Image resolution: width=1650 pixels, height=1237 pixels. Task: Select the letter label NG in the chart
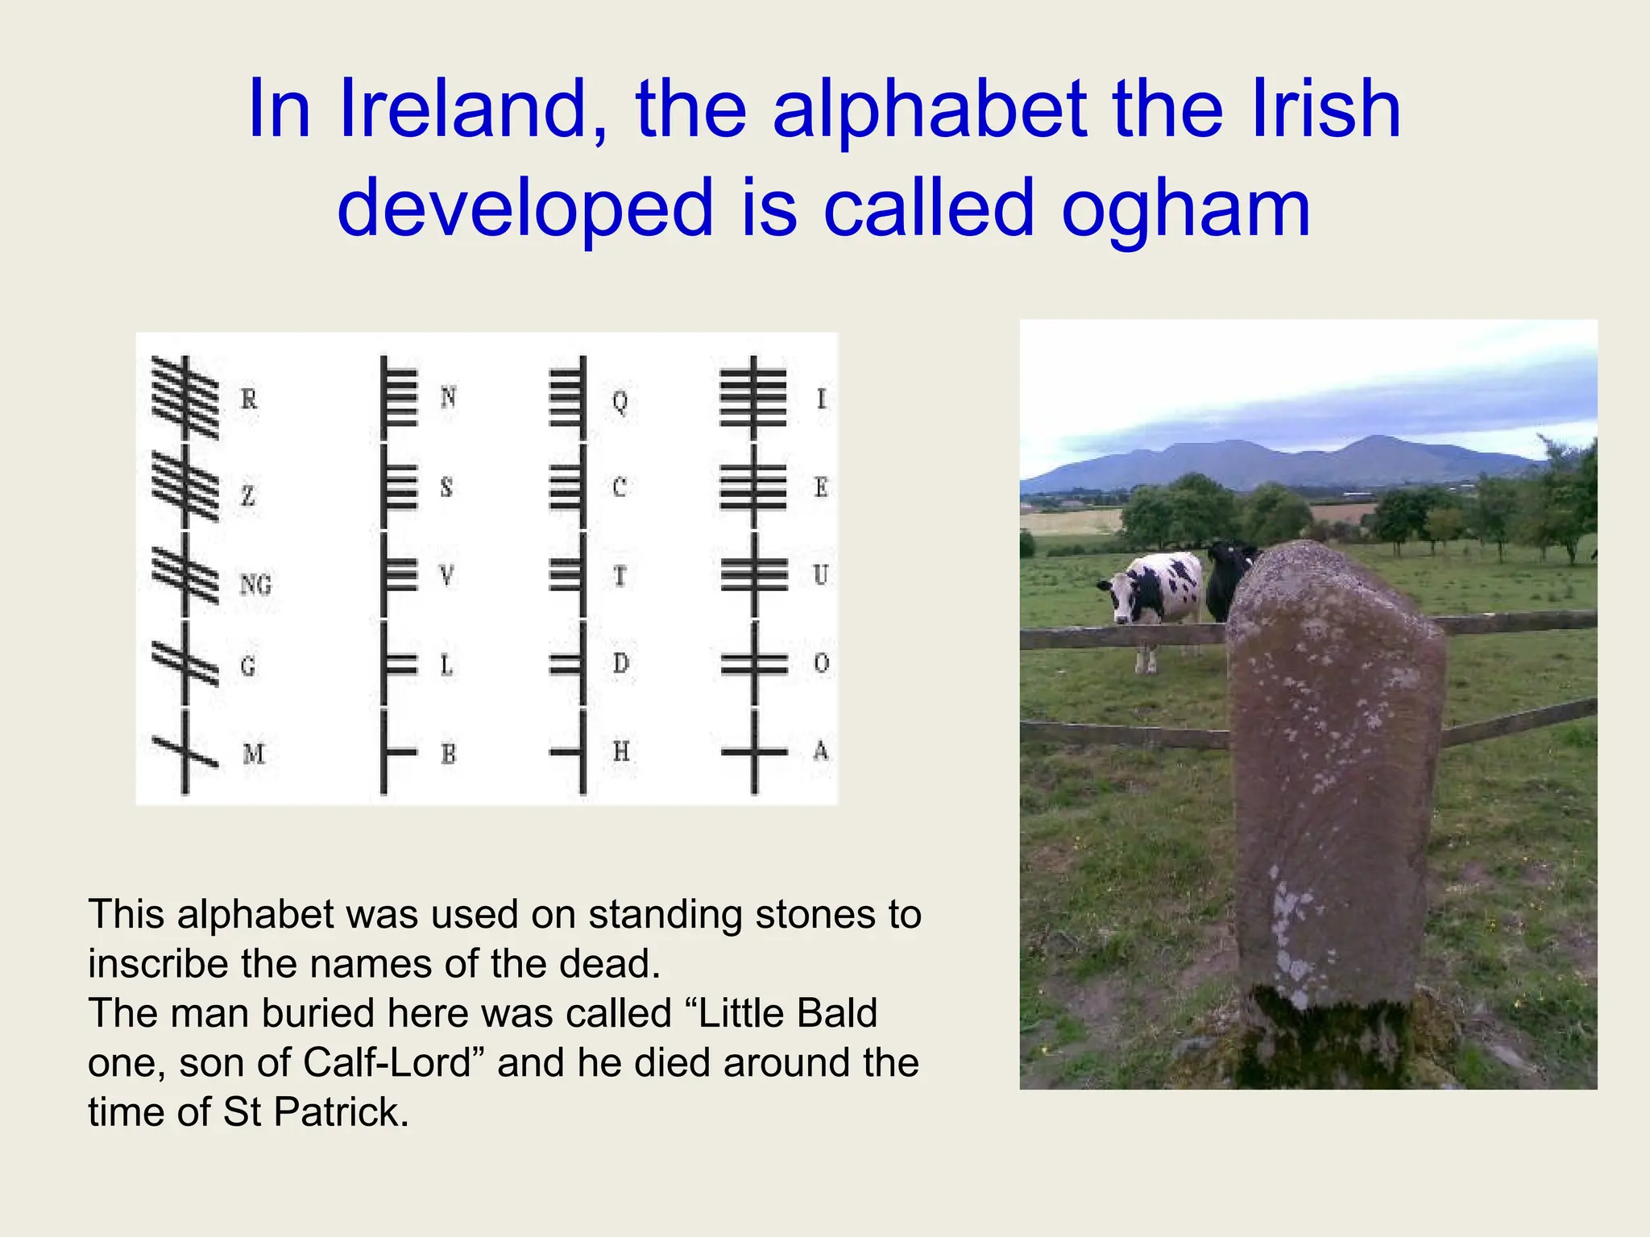click(255, 584)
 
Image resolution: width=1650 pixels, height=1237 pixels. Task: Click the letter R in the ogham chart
click(249, 399)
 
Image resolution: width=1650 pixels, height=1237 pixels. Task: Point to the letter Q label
click(620, 400)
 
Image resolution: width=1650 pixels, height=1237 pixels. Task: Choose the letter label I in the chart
click(821, 399)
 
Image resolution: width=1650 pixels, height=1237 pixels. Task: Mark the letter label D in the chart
click(620, 664)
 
